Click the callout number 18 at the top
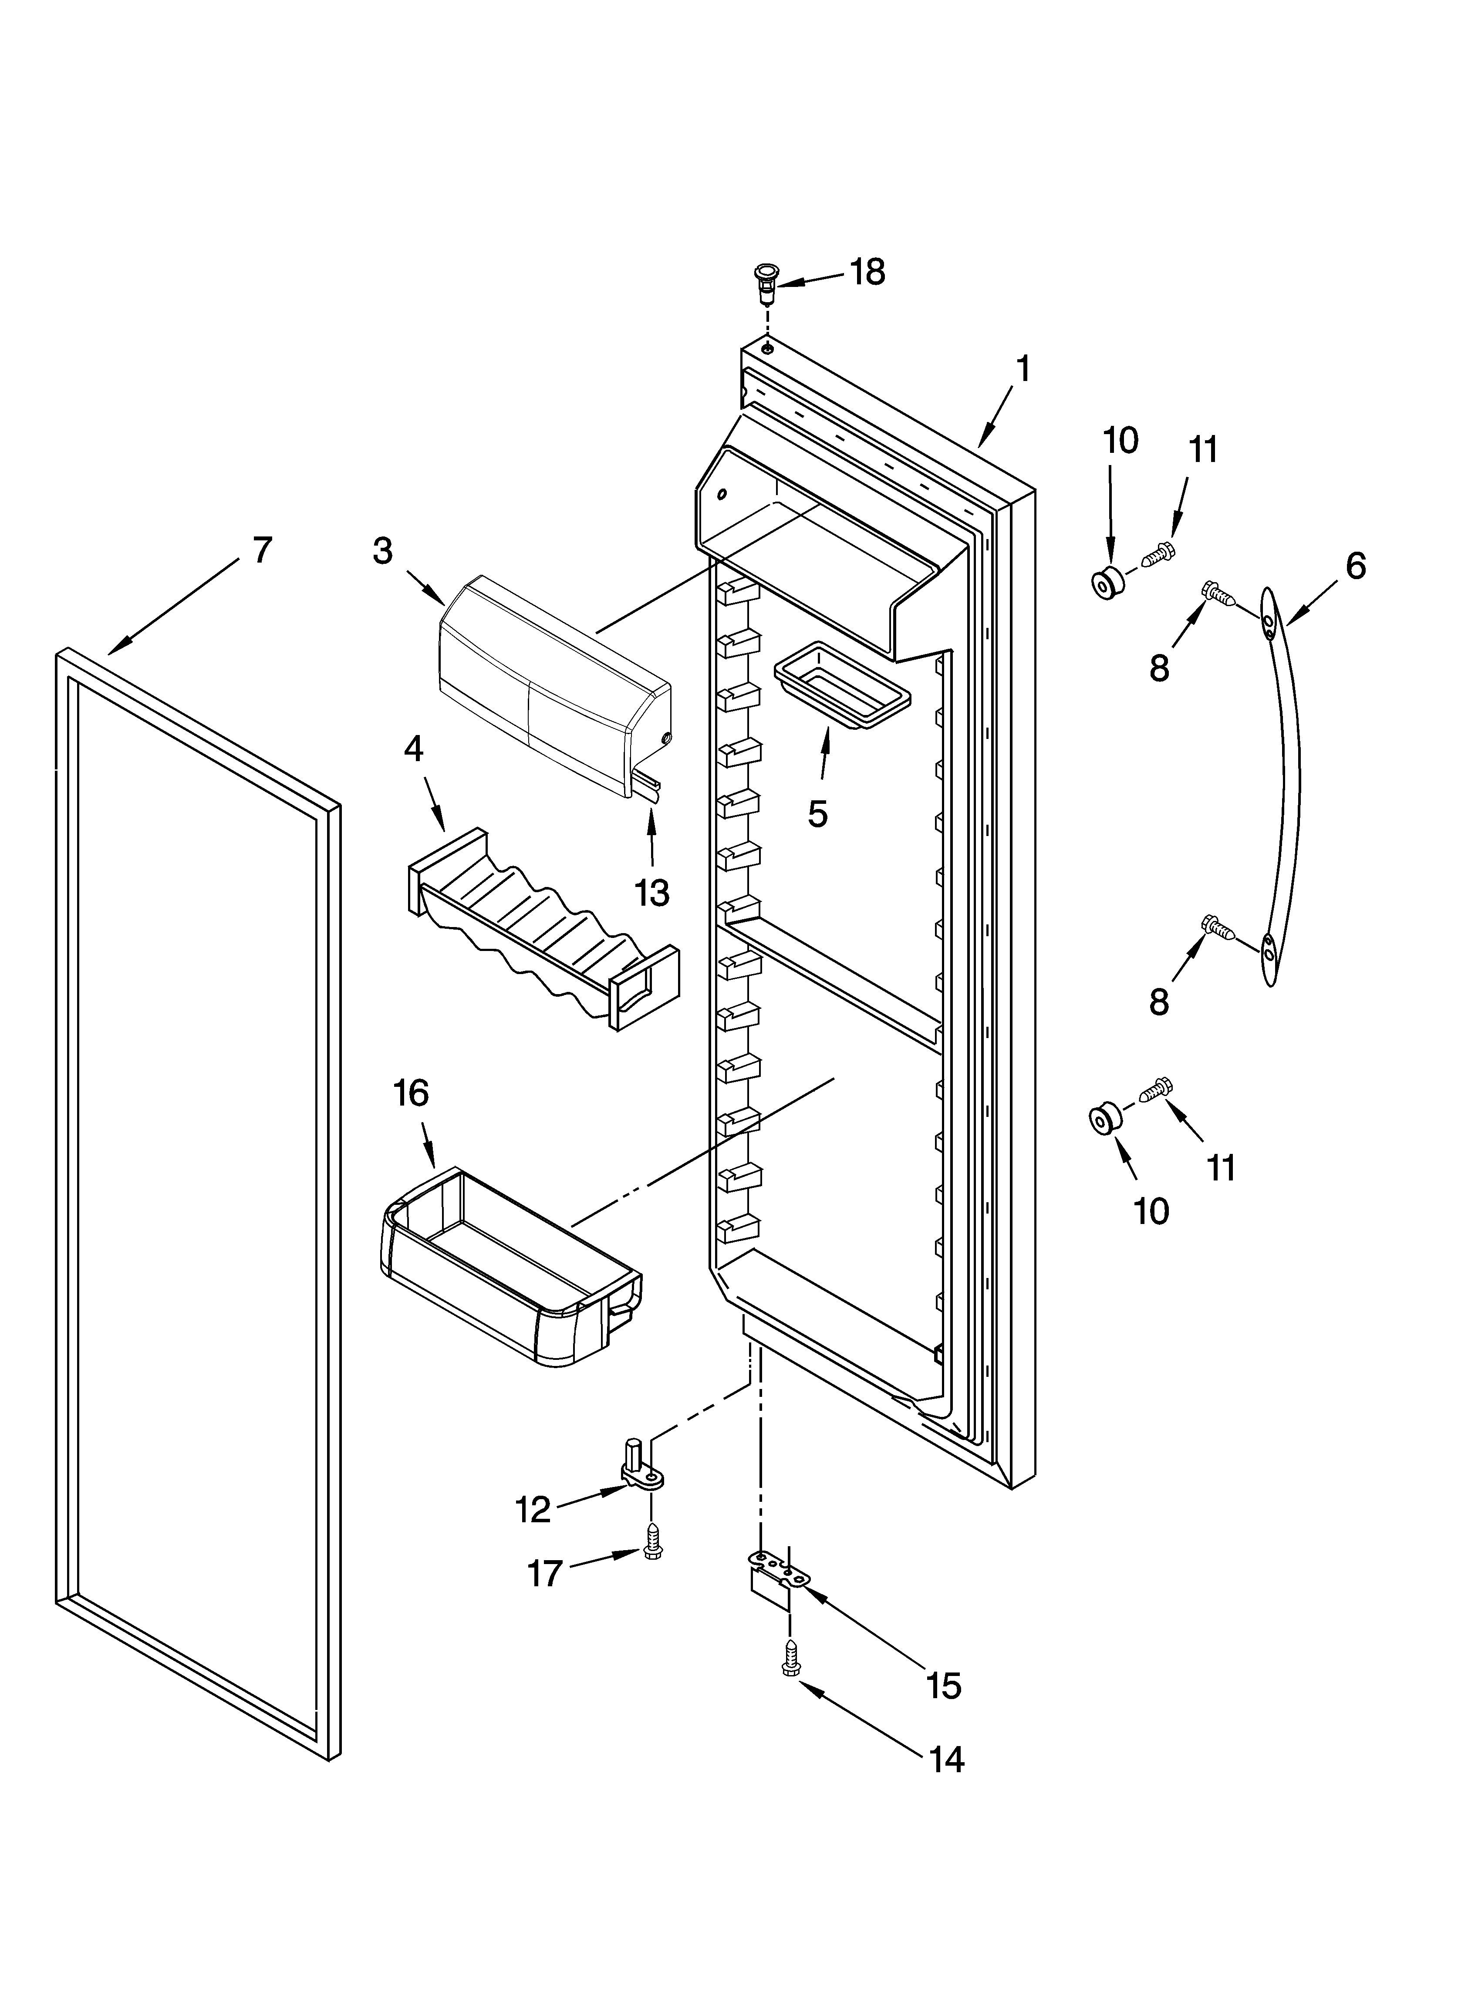867,273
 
